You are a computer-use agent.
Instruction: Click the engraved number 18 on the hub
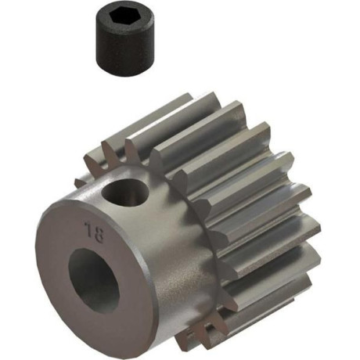point(94,232)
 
